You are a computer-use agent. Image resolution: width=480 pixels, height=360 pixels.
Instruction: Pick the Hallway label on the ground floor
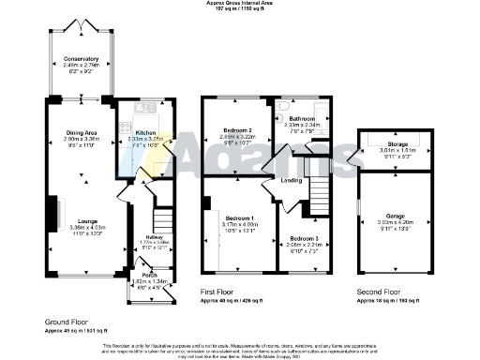tap(140, 237)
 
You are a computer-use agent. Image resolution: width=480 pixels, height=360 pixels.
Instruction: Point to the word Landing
tap(291, 180)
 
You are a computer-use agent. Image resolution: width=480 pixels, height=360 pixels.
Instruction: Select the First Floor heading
tap(222, 292)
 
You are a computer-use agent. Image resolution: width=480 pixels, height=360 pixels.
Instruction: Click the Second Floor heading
tap(379, 292)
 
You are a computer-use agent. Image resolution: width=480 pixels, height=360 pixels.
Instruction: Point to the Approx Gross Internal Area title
tap(239, 4)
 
